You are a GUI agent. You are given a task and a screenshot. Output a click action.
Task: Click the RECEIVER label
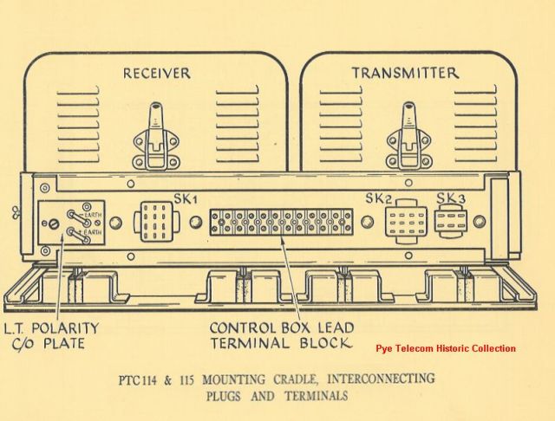[x=156, y=74]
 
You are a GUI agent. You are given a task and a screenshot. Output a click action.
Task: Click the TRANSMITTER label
[x=404, y=74]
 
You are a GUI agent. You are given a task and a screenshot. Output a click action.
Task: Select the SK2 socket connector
[x=405, y=223]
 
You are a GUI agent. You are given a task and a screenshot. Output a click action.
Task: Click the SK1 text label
[x=187, y=199]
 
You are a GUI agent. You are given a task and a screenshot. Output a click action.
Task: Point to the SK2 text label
[x=379, y=199]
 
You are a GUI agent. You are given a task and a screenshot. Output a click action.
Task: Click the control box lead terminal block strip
[x=280, y=223]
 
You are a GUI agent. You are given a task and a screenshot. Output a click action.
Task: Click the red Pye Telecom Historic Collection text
[x=446, y=348]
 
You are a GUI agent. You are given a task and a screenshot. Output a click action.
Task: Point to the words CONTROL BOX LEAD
[x=280, y=329]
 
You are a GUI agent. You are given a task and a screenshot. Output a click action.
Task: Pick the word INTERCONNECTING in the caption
[x=384, y=379]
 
